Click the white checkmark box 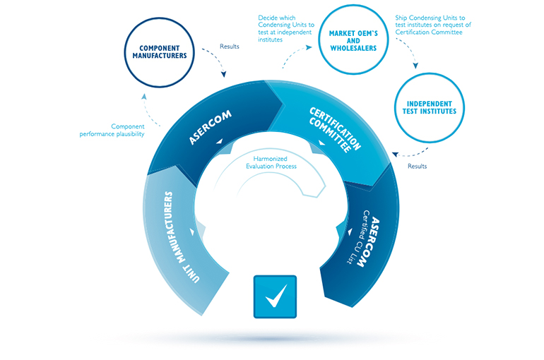point(275,296)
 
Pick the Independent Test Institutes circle point(422,107)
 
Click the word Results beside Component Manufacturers point(230,47)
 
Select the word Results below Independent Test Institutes point(418,167)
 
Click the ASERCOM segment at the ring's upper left point(212,128)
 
